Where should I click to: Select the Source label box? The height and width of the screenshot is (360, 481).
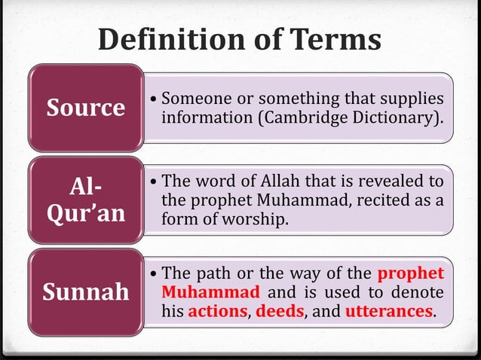click(86, 108)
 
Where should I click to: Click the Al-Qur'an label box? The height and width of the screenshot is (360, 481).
click(86, 200)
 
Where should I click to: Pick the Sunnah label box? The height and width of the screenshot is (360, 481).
click(86, 291)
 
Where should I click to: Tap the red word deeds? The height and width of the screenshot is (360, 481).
click(279, 310)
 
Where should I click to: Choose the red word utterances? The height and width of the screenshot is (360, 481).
click(389, 310)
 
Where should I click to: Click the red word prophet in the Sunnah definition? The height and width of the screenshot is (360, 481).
click(411, 273)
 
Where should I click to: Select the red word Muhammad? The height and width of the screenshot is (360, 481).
click(211, 291)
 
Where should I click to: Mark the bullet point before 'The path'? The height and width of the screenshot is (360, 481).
click(155, 273)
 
